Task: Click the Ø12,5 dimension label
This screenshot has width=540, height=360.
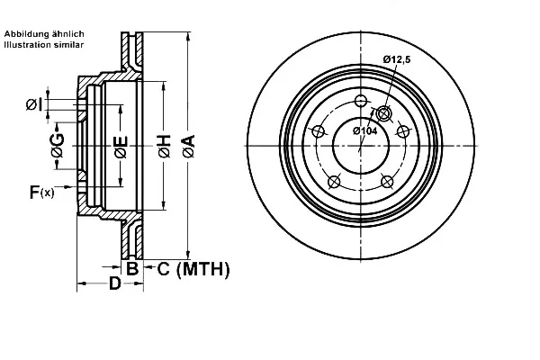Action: click(x=397, y=59)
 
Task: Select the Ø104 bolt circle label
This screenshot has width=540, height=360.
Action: click(x=365, y=130)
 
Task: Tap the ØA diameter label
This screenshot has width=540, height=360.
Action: click(x=189, y=146)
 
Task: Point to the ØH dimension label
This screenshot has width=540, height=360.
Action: click(x=165, y=147)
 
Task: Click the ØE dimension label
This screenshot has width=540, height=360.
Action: click(x=121, y=147)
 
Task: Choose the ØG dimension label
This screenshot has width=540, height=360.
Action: click(x=58, y=146)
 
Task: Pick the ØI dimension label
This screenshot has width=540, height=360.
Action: click(x=34, y=104)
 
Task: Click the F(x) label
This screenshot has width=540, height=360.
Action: click(x=41, y=192)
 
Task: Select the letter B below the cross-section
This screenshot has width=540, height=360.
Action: click(x=132, y=268)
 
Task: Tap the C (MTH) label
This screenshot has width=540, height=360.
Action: click(x=193, y=269)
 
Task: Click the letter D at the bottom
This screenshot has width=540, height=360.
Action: click(x=115, y=283)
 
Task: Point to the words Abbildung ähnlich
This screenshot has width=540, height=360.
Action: click(x=44, y=34)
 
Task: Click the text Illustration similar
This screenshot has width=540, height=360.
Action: click(x=44, y=44)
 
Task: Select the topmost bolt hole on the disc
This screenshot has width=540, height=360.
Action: click(x=361, y=101)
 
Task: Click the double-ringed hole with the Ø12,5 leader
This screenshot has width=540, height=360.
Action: click(x=383, y=113)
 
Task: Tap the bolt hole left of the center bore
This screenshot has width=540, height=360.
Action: click(x=319, y=131)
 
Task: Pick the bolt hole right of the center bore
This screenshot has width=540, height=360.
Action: click(x=403, y=131)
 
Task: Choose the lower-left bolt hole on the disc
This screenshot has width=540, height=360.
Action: click(x=334, y=182)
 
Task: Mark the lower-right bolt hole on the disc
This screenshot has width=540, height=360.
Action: click(x=387, y=182)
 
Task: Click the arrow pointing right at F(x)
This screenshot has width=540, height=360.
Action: click(x=65, y=186)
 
